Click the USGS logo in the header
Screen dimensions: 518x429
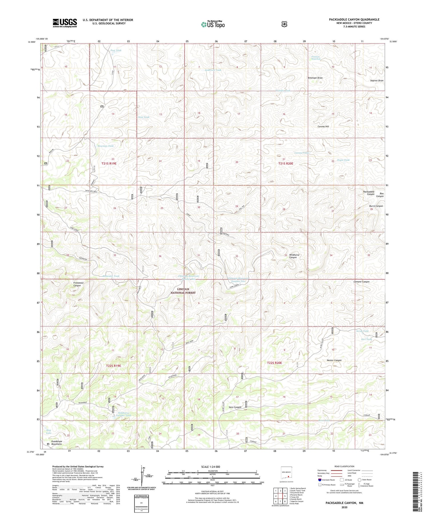(x=65, y=23)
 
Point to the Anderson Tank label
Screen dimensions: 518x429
(x=212, y=70)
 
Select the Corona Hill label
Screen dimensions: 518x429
(x=323, y=126)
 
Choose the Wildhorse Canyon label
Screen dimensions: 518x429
(x=294, y=256)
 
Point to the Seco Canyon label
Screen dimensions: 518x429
(x=235, y=407)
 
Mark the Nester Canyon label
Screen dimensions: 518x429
(x=334, y=360)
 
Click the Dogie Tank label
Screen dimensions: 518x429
(x=343, y=160)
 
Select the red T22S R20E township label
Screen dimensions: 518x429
(x=275, y=363)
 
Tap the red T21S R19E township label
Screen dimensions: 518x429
(x=109, y=163)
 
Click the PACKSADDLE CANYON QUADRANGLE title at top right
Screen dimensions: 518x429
(x=354, y=19)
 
